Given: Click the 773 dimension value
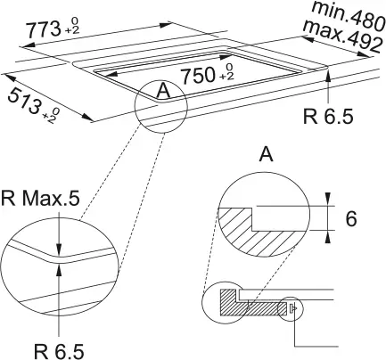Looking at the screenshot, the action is (x=44, y=30).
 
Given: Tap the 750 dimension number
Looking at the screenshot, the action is (x=198, y=75).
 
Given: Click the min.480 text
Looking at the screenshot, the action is (x=349, y=15).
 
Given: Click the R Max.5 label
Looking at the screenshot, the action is (x=40, y=199).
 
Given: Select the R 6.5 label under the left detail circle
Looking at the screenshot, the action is (x=59, y=351).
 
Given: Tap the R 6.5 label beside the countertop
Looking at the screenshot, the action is (x=328, y=116).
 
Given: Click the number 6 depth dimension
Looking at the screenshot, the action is (x=351, y=218).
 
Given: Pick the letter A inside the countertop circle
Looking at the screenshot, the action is (x=163, y=91).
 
